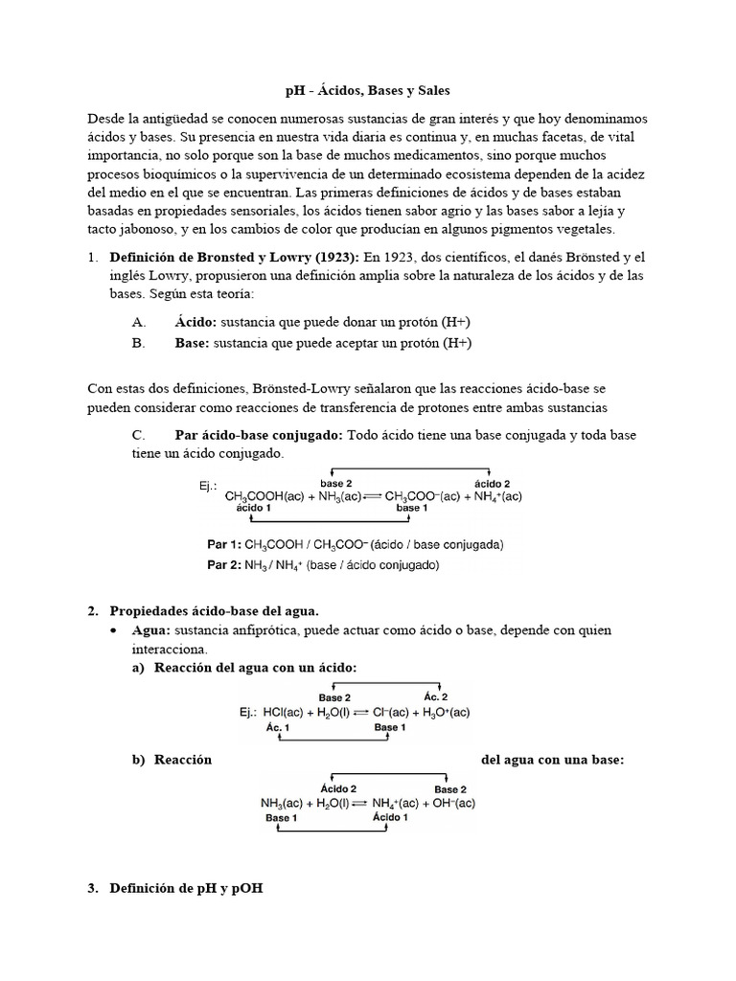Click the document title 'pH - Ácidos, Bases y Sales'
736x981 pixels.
click(x=367, y=90)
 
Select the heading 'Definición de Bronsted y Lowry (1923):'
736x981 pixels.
click(x=235, y=258)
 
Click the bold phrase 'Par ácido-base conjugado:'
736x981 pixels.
click(x=259, y=435)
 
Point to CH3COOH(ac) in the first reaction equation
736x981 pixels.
click(x=264, y=496)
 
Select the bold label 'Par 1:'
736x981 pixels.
click(x=227, y=544)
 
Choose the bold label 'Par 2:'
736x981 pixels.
click(x=227, y=565)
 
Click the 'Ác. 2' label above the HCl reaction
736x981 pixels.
click(x=436, y=697)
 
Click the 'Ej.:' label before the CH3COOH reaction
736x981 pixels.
click(x=210, y=486)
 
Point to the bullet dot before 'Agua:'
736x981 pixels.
click(x=114, y=631)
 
